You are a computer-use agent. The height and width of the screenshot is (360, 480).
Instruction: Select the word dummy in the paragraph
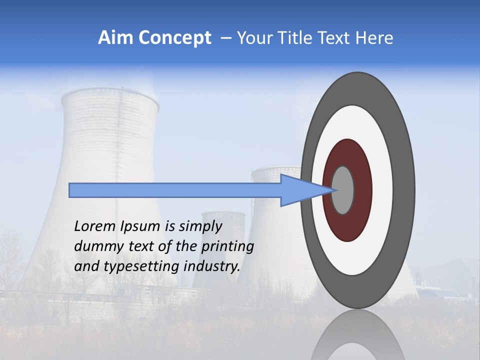click(x=95, y=246)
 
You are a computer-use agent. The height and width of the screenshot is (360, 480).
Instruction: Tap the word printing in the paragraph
click(x=227, y=246)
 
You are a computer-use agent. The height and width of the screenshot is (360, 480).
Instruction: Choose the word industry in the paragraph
click(x=212, y=266)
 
